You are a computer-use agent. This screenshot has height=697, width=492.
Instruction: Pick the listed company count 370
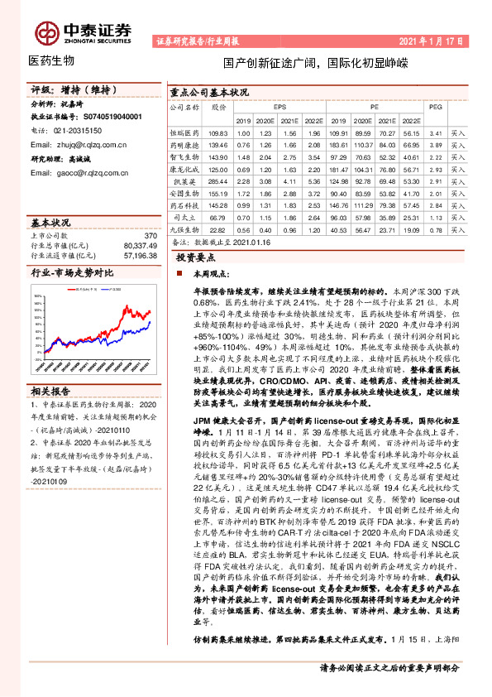click(x=149, y=236)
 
